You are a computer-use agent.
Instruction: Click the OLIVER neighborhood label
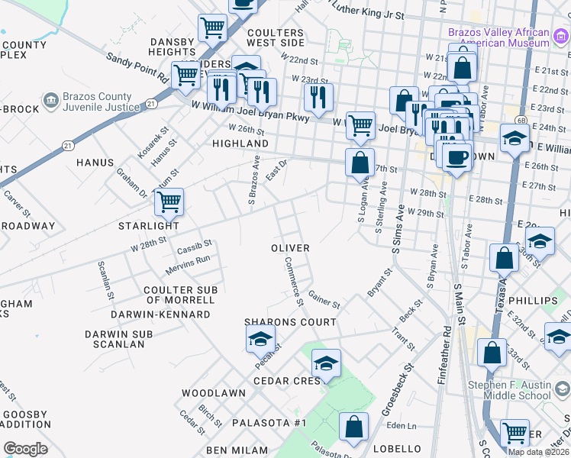click(x=291, y=248)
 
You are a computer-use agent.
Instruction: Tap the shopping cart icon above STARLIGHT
click(x=169, y=202)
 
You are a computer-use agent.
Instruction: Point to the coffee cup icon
click(x=457, y=158)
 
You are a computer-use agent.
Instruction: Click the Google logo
click(x=25, y=449)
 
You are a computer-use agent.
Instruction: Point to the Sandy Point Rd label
click(x=137, y=67)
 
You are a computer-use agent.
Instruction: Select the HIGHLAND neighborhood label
click(x=240, y=144)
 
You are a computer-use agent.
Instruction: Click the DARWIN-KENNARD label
click(x=160, y=314)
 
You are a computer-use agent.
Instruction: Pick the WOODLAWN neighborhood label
click(x=213, y=393)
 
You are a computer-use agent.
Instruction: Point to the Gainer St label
click(x=324, y=299)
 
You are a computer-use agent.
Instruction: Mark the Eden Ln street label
click(x=401, y=426)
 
